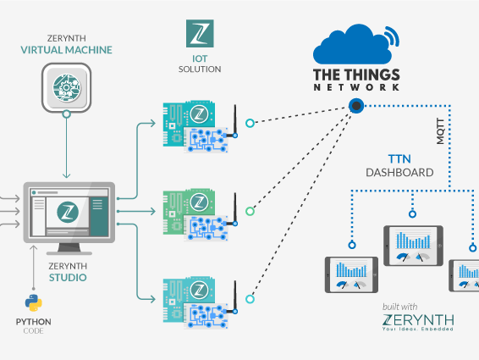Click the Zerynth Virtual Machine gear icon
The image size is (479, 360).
coord(66,88)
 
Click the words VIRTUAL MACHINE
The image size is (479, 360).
coord(66,51)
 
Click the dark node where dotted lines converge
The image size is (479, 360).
coord(356,106)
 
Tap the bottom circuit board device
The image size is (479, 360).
coord(196,297)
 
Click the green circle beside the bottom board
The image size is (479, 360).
coord(249,297)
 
